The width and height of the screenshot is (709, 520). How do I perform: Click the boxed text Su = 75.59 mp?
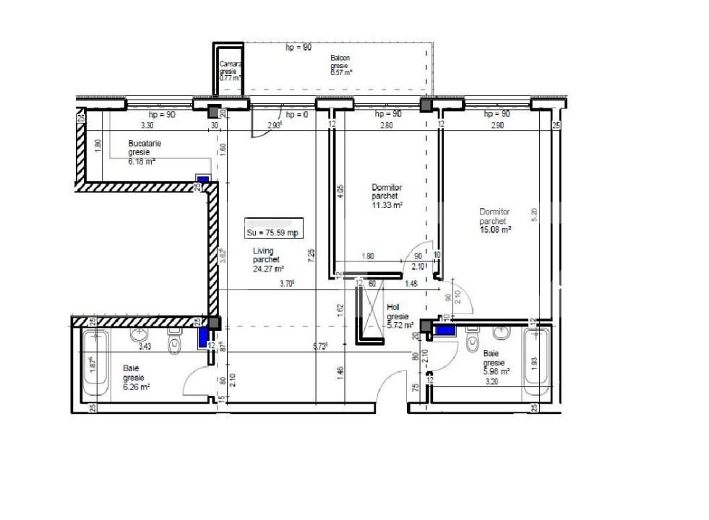point(272,233)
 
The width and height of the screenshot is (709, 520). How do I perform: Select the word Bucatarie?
point(145,143)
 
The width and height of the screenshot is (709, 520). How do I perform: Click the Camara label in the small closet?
point(231,64)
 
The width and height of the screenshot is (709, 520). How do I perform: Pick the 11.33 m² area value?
point(387,205)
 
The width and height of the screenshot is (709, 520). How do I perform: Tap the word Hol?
point(393,307)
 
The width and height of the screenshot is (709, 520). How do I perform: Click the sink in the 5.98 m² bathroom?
point(502,333)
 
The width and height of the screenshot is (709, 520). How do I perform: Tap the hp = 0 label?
point(296,115)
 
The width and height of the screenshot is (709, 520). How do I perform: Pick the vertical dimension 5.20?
point(535,214)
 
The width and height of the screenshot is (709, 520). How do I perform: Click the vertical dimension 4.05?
point(341,191)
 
